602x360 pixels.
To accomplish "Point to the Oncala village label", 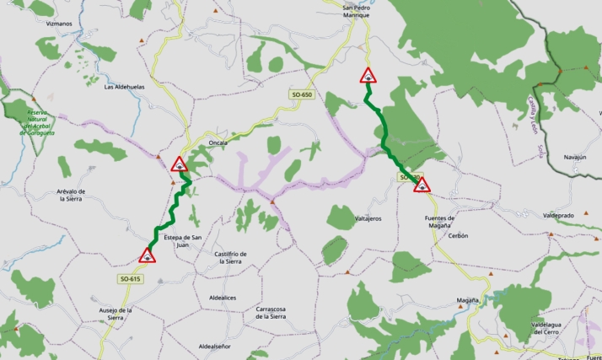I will click(218, 143).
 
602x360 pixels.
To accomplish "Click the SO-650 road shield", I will click(302, 95).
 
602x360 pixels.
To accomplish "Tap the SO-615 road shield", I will click(130, 278).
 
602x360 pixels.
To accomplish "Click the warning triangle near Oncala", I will click(179, 164).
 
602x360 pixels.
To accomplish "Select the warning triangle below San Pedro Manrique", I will click(368, 76).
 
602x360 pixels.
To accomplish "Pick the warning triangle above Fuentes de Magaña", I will click(422, 185).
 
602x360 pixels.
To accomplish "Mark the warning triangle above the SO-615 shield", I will click(148, 255).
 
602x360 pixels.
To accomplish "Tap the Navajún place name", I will click(575, 157).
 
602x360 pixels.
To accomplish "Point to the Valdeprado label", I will click(559, 216).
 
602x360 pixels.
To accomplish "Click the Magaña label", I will click(468, 299).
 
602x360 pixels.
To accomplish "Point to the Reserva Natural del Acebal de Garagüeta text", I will click(41, 122).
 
